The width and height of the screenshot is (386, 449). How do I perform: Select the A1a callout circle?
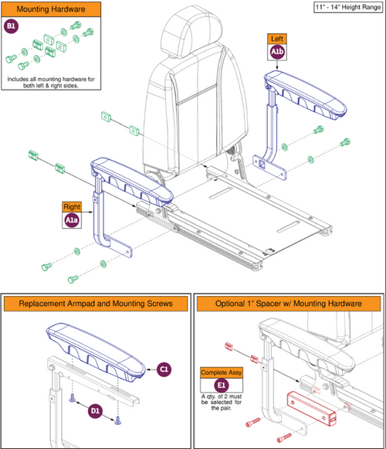71,221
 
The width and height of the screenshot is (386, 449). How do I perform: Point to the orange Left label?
277,38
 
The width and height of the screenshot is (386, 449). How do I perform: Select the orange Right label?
71,206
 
